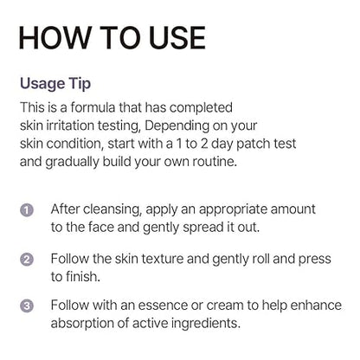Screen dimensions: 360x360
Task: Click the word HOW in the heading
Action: click(53, 38)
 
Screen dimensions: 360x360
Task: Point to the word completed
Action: click(202, 106)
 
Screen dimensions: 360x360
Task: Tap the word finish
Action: click(83, 275)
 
